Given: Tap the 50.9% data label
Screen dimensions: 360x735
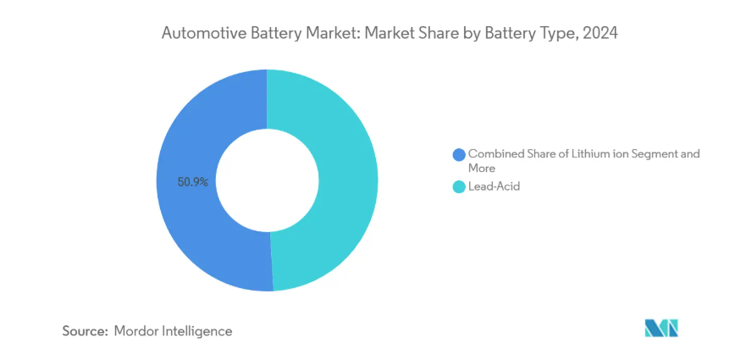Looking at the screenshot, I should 193,181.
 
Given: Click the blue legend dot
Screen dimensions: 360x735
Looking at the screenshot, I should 459,154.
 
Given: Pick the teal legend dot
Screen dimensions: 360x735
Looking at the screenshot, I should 459,186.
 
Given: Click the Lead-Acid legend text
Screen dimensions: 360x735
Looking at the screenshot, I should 494,186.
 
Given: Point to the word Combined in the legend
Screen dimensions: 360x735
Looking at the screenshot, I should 496,154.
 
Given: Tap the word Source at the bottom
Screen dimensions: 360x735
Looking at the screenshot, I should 84,330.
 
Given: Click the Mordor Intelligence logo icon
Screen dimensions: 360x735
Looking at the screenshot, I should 662,329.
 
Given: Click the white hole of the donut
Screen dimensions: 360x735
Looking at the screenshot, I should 267,180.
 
